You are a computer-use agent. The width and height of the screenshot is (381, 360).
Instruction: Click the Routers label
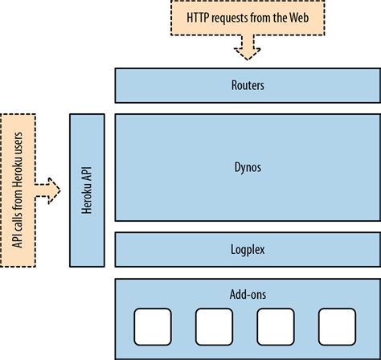pos(248,84)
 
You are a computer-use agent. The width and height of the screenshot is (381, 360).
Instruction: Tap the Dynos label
pos(248,167)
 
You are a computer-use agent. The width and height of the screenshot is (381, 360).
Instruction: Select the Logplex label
pos(248,250)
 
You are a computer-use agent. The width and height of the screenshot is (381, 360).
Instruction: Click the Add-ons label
pos(248,294)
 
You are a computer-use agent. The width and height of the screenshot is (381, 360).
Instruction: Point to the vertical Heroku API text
pos(86,190)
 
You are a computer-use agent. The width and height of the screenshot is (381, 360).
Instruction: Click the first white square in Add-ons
pos(153,328)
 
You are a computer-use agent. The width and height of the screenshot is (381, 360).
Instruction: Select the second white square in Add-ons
pos(215,328)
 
